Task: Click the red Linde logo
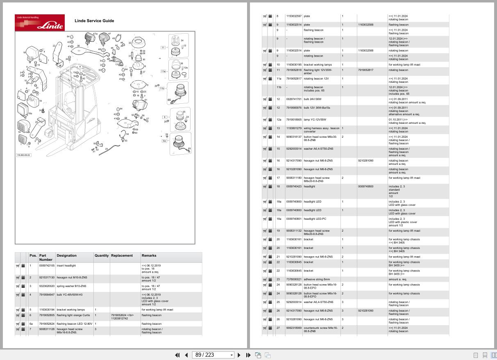[40, 23]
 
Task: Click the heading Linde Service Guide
[94, 21]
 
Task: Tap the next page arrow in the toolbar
[239, 355]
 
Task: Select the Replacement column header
[122, 255]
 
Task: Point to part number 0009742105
[47, 266]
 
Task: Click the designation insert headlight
[66, 266]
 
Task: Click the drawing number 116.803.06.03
[23, 155]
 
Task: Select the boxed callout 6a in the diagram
[164, 141]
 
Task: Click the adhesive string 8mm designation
[317, 279]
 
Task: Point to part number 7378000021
[293, 279]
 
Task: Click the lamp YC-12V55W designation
[315, 120]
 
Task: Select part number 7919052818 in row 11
[293, 70]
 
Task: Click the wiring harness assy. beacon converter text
[321, 130]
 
